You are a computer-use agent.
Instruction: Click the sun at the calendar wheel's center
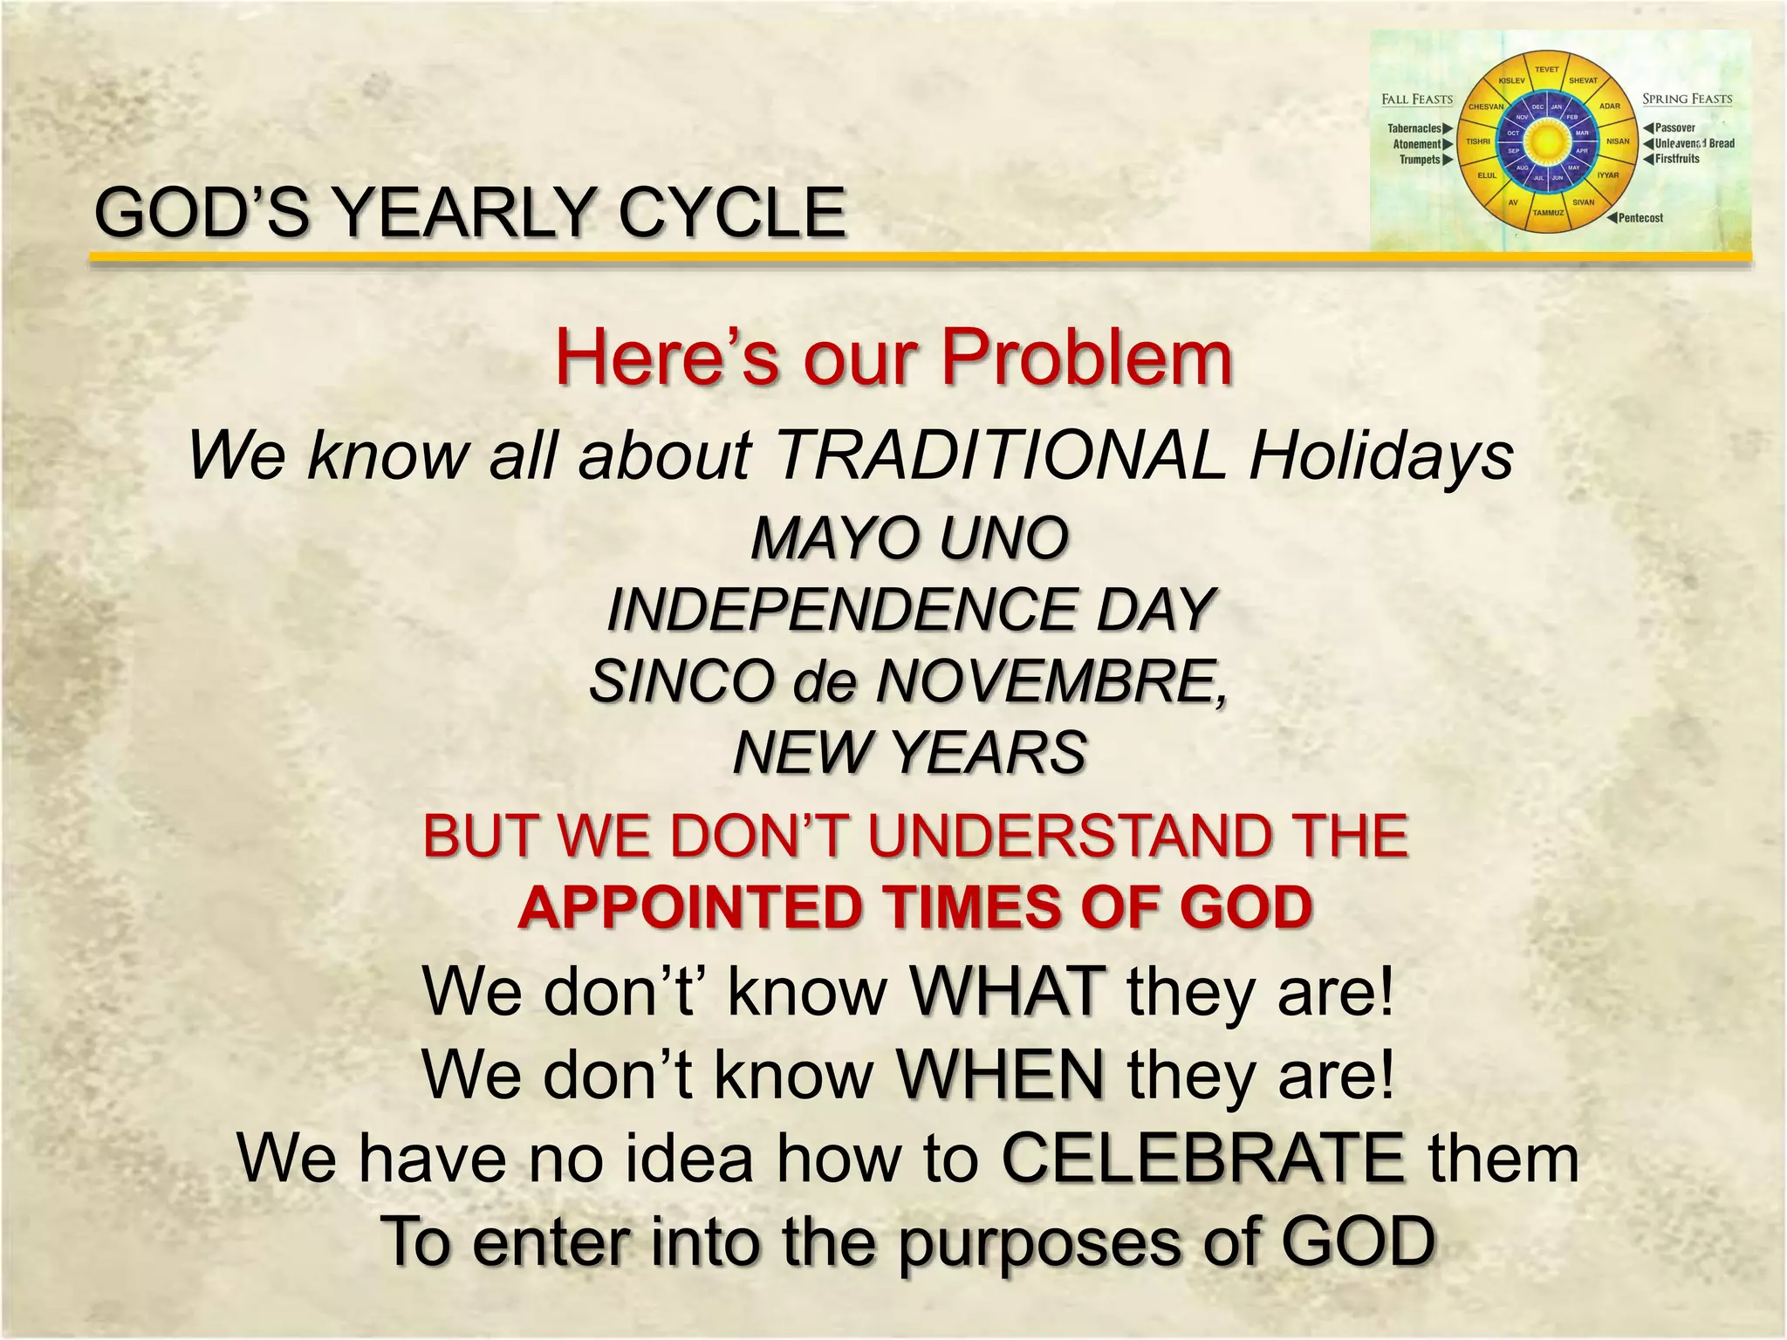[1547, 141]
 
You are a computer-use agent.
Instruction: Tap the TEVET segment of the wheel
[1546, 70]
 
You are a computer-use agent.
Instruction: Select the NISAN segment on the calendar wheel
[1618, 141]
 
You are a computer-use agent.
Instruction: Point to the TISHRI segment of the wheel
[1478, 141]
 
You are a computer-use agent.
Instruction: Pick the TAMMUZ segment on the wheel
[1548, 212]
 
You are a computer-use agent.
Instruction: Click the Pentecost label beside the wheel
[1640, 218]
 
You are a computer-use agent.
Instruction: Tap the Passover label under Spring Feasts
[1674, 128]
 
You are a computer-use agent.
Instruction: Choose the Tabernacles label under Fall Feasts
[1414, 128]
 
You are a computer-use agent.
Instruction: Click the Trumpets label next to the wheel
[1420, 160]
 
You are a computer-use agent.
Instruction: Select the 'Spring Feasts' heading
[1687, 99]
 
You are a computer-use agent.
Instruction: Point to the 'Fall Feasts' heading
[1417, 99]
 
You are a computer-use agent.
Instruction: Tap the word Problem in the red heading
[1086, 357]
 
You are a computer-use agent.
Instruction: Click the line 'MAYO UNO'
[909, 537]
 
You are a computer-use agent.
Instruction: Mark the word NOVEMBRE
[1051, 680]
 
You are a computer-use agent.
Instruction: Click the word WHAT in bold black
[1007, 991]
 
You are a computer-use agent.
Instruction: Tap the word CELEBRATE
[1203, 1158]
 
